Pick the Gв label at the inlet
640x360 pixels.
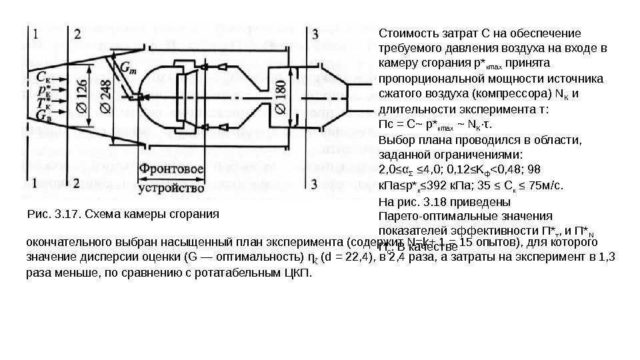pyautogui.click(x=43, y=116)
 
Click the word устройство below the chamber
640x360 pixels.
pyautogui.click(x=169, y=188)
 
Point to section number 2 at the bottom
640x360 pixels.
pyautogui.click(x=78, y=183)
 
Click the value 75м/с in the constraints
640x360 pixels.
pyautogui.click(x=548, y=185)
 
